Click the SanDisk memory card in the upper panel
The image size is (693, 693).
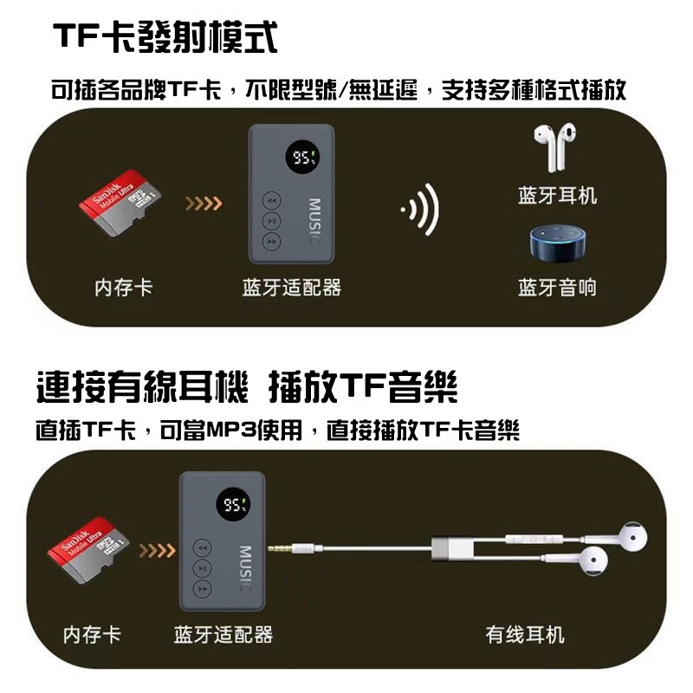pos(120,204)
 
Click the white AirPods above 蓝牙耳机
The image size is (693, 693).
pos(555,147)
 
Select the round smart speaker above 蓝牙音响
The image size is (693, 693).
pos(559,243)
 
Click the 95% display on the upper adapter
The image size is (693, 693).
pos(302,157)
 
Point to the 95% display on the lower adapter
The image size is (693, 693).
pos(233,504)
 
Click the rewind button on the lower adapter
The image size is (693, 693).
pos(203,548)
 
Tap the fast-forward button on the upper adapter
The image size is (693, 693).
pos(272,242)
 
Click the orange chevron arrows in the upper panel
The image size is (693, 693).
pos(204,204)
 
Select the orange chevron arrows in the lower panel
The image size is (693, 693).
pos(158,551)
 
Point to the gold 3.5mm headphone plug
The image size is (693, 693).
pos(278,549)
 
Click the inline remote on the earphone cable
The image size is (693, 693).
pos(535,539)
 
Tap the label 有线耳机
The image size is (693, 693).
pos(525,635)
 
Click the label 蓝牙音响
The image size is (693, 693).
pos(557,288)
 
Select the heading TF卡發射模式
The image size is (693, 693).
pos(165,37)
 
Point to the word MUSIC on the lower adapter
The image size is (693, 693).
pos(246,568)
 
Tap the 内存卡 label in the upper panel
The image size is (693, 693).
pos(123,288)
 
